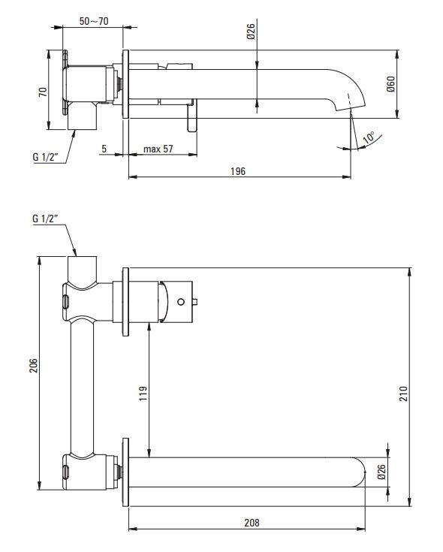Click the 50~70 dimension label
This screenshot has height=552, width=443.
(x=94, y=21)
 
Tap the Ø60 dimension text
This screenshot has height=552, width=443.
(x=391, y=84)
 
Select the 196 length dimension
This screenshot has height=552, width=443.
(x=238, y=171)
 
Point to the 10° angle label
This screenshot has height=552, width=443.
(x=369, y=137)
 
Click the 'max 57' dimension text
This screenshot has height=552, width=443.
(x=158, y=149)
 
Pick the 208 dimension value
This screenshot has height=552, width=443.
(x=252, y=523)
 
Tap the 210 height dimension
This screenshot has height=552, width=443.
(x=403, y=394)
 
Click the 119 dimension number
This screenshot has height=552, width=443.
(x=143, y=394)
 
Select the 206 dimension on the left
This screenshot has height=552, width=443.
(x=33, y=366)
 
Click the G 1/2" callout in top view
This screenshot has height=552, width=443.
(x=45, y=157)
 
